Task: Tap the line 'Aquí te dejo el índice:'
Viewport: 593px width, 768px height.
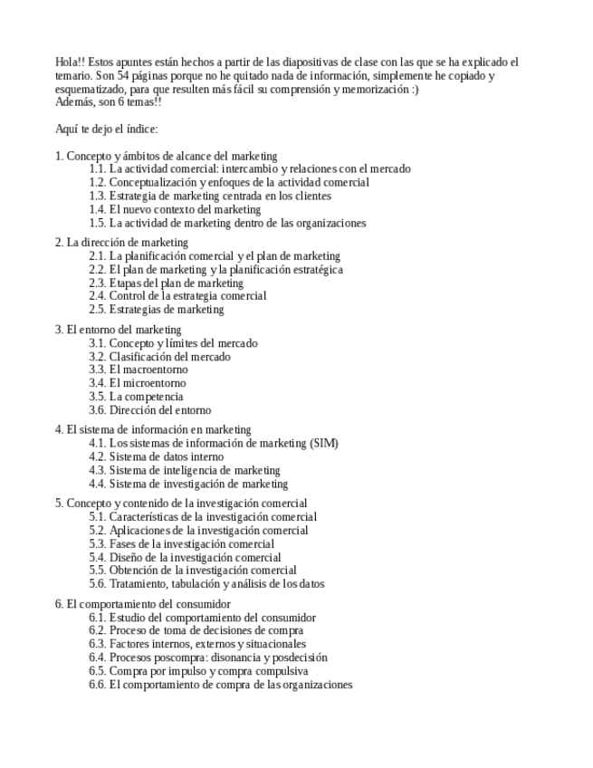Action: click(106, 129)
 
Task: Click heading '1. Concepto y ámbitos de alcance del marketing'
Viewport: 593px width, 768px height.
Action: click(166, 156)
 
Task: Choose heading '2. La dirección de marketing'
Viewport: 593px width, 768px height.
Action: click(121, 242)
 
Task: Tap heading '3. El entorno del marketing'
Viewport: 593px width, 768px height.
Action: click(118, 330)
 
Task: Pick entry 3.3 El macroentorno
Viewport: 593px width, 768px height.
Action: click(139, 370)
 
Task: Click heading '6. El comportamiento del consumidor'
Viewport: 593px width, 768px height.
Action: click(143, 603)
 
